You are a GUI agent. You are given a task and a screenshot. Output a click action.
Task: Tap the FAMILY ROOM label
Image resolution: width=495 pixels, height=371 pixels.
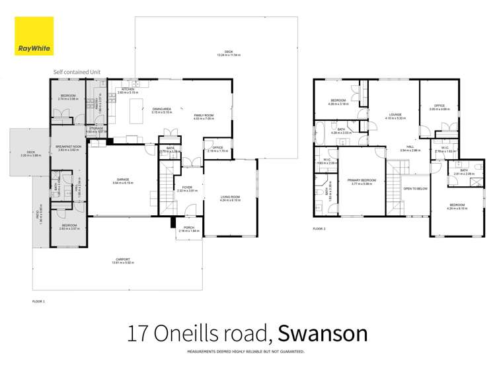204,115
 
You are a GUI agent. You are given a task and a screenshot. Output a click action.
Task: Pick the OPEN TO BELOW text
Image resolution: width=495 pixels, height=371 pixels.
414,188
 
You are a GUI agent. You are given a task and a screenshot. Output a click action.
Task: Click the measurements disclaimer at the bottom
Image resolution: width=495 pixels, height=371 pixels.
247,353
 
